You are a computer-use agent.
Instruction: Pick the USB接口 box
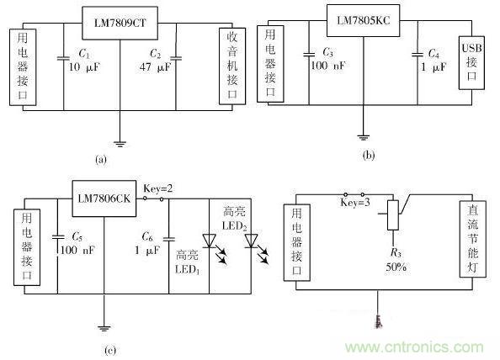click(x=471, y=61)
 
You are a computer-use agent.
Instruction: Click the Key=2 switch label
click(x=158, y=188)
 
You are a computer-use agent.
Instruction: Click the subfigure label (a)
click(x=101, y=158)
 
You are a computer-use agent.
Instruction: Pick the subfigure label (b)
click(x=368, y=155)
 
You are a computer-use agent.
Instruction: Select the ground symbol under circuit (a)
click(x=121, y=143)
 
